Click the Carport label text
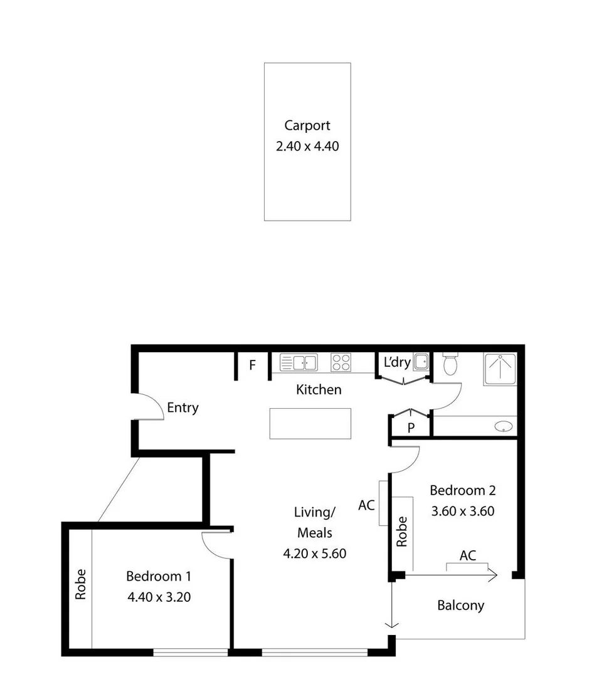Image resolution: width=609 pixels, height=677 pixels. [x=307, y=125]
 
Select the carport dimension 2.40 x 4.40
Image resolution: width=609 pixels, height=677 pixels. [x=307, y=147]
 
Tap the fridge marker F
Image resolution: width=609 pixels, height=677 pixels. [x=253, y=365]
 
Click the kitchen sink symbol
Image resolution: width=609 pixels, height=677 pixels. [x=299, y=362]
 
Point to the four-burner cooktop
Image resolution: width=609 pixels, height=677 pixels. [x=341, y=362]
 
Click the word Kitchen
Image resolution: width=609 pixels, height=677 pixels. [x=319, y=390]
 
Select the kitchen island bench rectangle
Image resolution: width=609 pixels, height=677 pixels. [x=310, y=424]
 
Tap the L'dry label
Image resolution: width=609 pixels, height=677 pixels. [x=397, y=362]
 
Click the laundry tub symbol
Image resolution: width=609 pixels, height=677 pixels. [x=421, y=362]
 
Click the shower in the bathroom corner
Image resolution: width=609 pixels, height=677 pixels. [x=500, y=369]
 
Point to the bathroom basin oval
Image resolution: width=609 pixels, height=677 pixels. [x=503, y=427]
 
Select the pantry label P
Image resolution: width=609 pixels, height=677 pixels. [x=411, y=428]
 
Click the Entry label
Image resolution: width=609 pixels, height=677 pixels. [x=183, y=408]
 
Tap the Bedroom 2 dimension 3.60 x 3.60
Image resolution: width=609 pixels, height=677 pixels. [x=463, y=511]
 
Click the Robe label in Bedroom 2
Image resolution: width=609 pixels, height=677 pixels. [x=402, y=532]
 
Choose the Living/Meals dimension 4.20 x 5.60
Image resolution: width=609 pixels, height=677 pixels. [x=315, y=554]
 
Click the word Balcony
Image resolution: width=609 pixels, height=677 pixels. [x=460, y=606]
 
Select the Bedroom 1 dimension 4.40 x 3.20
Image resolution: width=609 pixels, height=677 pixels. [x=159, y=597]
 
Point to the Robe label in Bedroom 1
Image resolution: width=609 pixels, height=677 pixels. [x=80, y=584]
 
